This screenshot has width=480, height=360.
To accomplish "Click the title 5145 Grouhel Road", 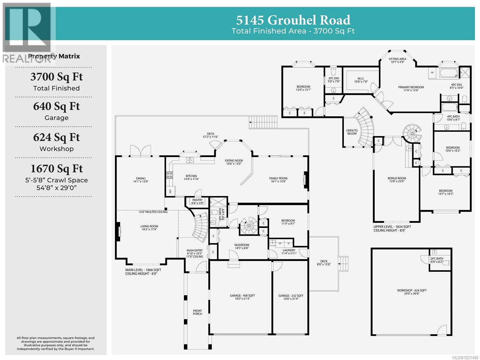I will point(293,20).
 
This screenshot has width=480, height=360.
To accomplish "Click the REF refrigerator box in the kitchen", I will point(170,191).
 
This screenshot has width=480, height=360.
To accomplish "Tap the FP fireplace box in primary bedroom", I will point(432,73).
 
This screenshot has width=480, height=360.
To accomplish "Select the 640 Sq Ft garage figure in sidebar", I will point(56,106).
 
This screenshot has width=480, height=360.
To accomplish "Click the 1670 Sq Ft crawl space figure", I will point(56,168).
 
